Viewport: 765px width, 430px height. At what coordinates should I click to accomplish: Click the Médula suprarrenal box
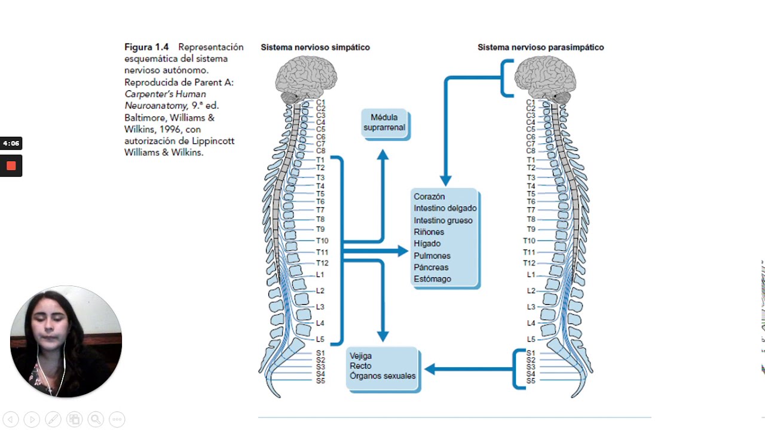(x=384, y=123)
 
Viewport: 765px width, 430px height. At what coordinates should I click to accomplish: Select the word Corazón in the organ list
(x=429, y=196)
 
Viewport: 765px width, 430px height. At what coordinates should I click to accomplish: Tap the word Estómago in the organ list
(x=432, y=279)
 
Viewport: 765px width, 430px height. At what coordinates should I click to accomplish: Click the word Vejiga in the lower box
(x=360, y=356)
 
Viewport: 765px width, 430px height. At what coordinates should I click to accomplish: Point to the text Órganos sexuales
(x=382, y=376)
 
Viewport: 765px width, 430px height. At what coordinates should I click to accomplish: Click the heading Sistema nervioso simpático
(x=315, y=47)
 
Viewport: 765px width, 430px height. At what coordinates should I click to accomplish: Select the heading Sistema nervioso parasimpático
(x=540, y=47)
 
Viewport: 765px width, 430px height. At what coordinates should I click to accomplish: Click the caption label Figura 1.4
(x=146, y=47)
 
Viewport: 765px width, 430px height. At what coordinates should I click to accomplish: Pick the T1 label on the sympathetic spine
(x=320, y=160)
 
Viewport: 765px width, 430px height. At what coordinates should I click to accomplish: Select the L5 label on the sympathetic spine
(x=320, y=339)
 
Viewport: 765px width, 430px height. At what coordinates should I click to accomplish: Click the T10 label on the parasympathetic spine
(x=529, y=241)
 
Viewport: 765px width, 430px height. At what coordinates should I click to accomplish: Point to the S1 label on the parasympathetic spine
(x=531, y=354)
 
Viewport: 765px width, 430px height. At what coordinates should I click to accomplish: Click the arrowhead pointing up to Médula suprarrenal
(x=382, y=155)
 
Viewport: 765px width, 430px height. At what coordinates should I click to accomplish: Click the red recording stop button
(x=11, y=165)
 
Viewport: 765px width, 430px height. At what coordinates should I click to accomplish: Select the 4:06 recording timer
(x=11, y=143)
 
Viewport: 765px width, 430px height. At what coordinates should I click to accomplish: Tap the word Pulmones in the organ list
(x=432, y=256)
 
